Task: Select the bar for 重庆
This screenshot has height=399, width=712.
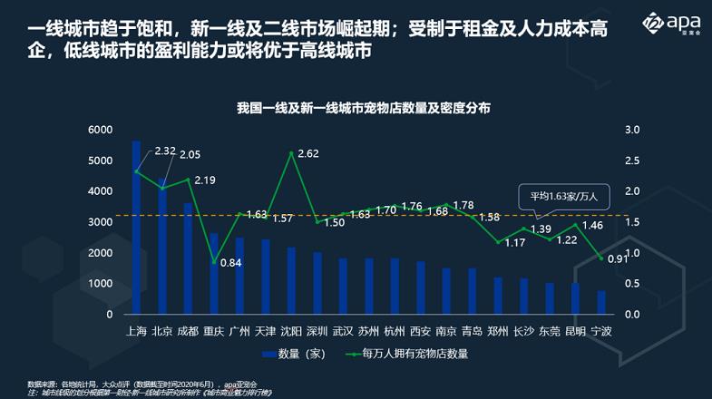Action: [214, 273]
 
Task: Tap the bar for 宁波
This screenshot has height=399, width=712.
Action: [601, 303]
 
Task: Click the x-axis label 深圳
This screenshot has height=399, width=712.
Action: [317, 331]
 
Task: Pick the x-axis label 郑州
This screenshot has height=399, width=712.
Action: [498, 331]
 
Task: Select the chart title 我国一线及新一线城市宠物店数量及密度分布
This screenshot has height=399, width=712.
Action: [363, 107]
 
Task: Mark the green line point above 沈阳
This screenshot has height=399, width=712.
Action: [291, 153]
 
